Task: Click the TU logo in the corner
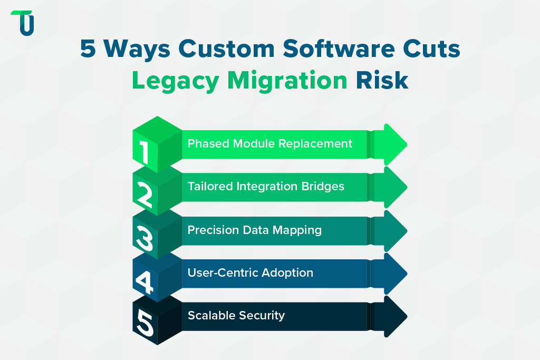(x=22, y=23)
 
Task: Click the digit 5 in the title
(x=88, y=50)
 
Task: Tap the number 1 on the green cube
(x=144, y=153)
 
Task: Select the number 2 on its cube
(x=143, y=196)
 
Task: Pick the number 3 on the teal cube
(x=143, y=238)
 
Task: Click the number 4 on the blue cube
(x=143, y=282)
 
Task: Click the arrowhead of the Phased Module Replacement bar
(x=393, y=144)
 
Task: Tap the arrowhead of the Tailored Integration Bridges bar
(x=393, y=187)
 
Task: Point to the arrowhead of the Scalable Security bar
(x=393, y=316)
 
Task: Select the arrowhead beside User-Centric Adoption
(x=393, y=273)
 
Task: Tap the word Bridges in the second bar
(x=324, y=187)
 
